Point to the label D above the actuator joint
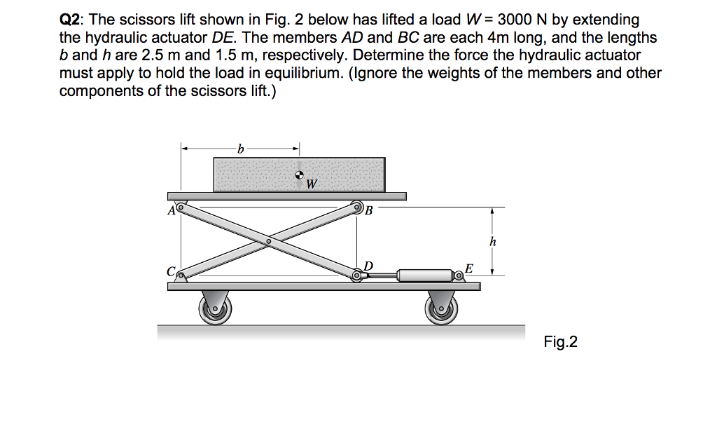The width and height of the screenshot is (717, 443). (368, 265)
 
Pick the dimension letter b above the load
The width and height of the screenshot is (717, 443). (240, 149)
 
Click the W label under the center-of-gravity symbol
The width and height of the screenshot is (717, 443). (312, 185)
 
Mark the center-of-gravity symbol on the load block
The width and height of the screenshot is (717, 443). (300, 175)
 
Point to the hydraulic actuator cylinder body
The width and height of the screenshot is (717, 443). (424, 275)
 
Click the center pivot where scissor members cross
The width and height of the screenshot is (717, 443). (268, 242)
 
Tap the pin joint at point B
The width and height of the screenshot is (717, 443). (358, 207)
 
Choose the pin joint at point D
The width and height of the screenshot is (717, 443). (357, 276)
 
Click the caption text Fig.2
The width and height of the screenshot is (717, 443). (560, 342)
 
